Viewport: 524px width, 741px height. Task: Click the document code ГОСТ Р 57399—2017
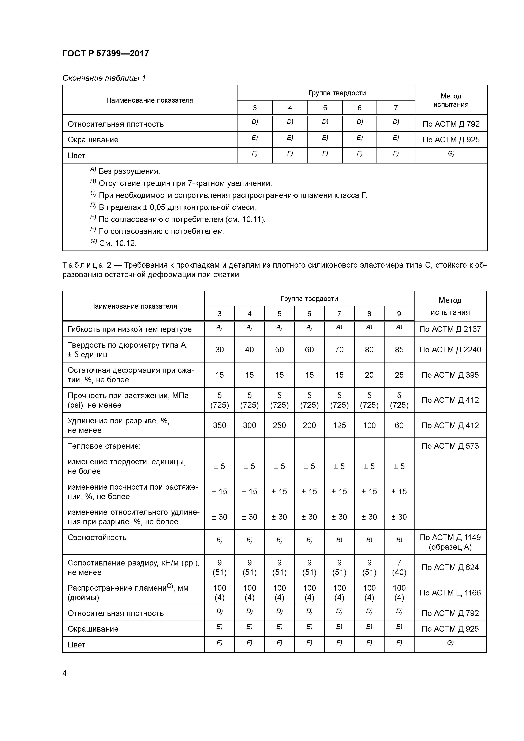[106, 54]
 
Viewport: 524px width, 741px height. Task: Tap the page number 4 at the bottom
[65, 673]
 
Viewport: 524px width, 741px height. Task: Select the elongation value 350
[219, 425]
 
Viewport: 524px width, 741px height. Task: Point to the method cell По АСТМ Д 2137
[450, 329]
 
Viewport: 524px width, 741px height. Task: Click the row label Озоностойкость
[97, 538]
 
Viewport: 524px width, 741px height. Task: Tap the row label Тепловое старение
[104, 446]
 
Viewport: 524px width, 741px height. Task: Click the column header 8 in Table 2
[369, 314]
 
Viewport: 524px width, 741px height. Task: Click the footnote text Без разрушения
[129, 171]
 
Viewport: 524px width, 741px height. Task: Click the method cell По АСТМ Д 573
[450, 446]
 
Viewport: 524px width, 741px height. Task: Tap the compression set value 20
[369, 375]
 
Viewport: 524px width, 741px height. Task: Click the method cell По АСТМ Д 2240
[450, 350]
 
